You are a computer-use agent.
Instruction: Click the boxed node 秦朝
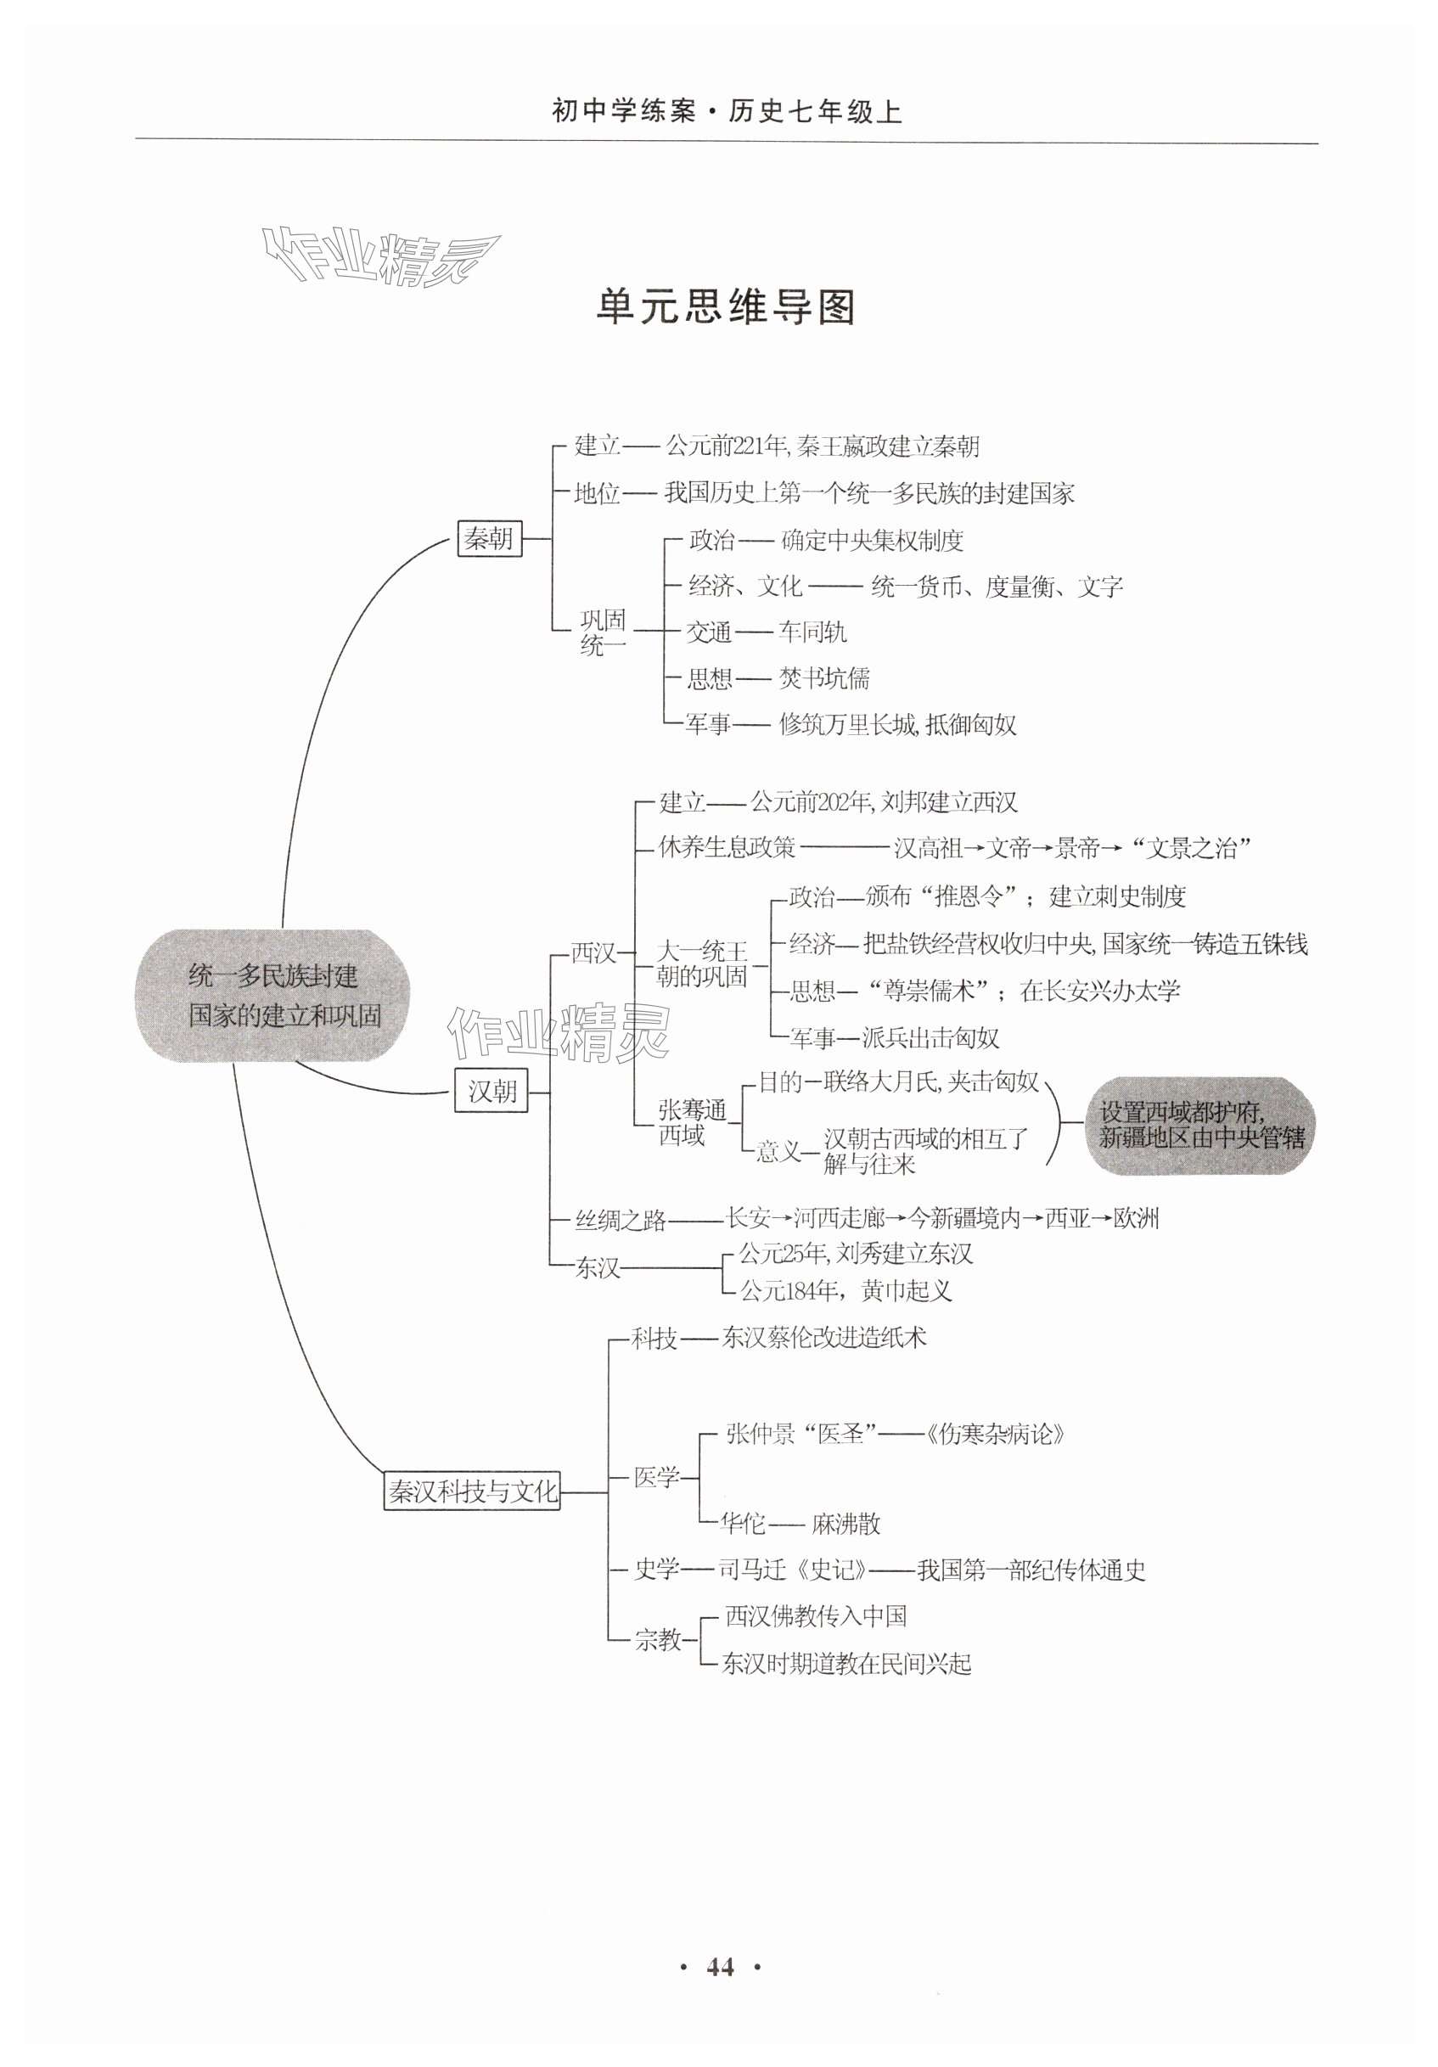pyautogui.click(x=489, y=538)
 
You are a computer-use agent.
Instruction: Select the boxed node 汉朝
pyautogui.click(x=491, y=1091)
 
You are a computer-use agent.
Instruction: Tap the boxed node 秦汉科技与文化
pyautogui.click(x=472, y=1491)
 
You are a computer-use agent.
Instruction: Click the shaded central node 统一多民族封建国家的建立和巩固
pyautogui.click(x=272, y=996)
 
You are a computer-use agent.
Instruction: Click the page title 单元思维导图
pyautogui.click(x=725, y=307)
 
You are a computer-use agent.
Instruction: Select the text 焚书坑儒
pyautogui.click(x=824, y=678)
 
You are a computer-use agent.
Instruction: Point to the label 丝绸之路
pyautogui.click(x=621, y=1221)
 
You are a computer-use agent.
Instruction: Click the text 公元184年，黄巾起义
pyautogui.click(x=845, y=1291)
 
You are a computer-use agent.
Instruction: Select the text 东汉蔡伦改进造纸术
pyautogui.click(x=823, y=1338)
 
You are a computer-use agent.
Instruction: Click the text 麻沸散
pyautogui.click(x=845, y=1524)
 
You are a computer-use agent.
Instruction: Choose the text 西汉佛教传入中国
pyautogui.click(x=816, y=1617)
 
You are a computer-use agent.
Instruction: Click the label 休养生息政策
pyautogui.click(x=727, y=847)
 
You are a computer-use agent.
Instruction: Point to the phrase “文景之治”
pyautogui.click(x=1192, y=848)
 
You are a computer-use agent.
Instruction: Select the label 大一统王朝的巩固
pyautogui.click(x=701, y=964)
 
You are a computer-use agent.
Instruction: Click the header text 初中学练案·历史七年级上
pyautogui.click(x=726, y=112)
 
